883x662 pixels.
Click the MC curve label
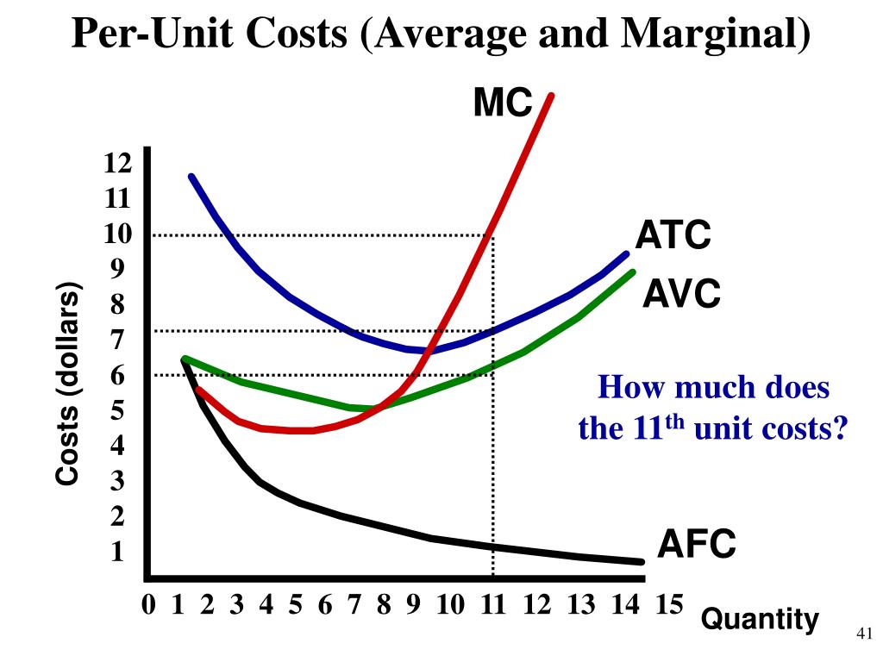(x=503, y=103)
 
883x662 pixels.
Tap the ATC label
(x=673, y=235)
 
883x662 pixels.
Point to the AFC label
(x=697, y=544)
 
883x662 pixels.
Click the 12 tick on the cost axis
(x=117, y=163)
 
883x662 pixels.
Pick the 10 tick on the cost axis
(x=117, y=234)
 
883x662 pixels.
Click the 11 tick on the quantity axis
(x=492, y=605)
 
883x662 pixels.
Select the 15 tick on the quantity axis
(x=667, y=605)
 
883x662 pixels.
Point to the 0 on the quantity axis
(x=149, y=605)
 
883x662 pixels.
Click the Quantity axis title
(x=759, y=618)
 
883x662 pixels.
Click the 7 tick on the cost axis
(x=117, y=340)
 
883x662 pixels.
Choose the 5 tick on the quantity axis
(x=295, y=605)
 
